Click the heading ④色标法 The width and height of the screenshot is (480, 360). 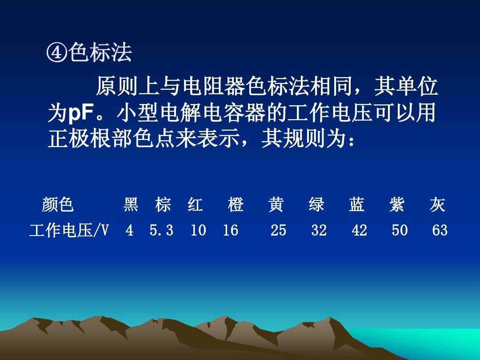tap(89, 53)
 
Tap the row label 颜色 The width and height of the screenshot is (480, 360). tap(58, 205)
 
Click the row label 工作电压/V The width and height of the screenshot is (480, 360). tap(69, 231)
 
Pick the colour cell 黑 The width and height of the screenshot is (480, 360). tap(131, 205)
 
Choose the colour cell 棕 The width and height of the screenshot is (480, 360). tap(163, 205)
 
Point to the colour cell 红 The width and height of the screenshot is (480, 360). tap(195, 205)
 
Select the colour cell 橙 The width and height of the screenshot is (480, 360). tap(236, 205)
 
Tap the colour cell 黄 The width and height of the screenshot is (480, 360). tap(276, 205)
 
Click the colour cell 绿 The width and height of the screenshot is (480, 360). tap(316, 205)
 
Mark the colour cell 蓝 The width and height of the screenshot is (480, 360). tap(356, 205)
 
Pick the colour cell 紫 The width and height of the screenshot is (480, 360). tap(397, 205)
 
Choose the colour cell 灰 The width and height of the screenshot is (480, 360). tap(437, 205)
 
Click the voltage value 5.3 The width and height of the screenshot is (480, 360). tap(161, 231)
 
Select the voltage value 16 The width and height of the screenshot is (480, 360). tap(231, 231)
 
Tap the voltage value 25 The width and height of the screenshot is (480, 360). tap(279, 231)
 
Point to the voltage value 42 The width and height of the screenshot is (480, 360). tap(359, 231)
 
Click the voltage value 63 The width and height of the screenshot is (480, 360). tap(440, 231)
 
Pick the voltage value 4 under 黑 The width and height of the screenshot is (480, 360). tap(129, 231)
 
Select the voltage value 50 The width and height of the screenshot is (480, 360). tap(400, 231)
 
